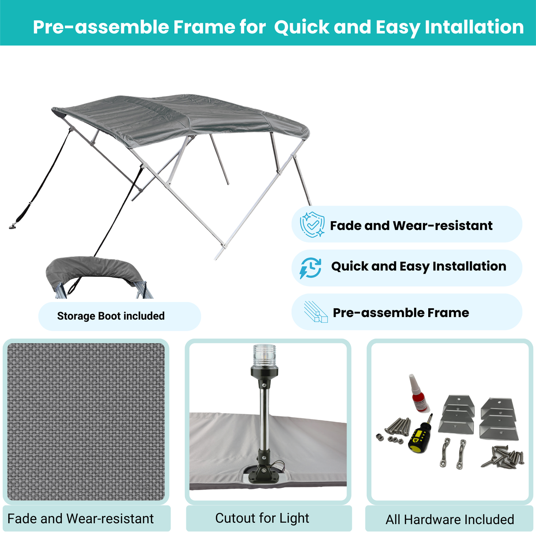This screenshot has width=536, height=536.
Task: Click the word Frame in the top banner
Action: click(x=204, y=27)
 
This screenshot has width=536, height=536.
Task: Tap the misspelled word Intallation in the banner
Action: click(x=474, y=27)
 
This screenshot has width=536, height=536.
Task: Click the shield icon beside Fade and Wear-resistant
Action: click(x=312, y=224)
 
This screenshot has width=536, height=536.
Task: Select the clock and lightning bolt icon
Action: click(x=311, y=268)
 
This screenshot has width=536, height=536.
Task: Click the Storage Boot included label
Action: click(x=111, y=316)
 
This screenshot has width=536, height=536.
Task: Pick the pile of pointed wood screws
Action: click(x=503, y=457)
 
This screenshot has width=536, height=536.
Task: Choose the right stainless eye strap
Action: click(x=462, y=453)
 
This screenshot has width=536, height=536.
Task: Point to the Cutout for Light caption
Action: click(x=262, y=518)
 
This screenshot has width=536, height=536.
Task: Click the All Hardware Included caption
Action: click(x=449, y=519)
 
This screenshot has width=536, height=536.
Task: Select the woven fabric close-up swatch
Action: click(x=86, y=422)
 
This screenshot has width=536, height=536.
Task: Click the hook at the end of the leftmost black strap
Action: click(x=12, y=227)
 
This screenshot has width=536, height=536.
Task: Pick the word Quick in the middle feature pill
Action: click(x=349, y=266)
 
